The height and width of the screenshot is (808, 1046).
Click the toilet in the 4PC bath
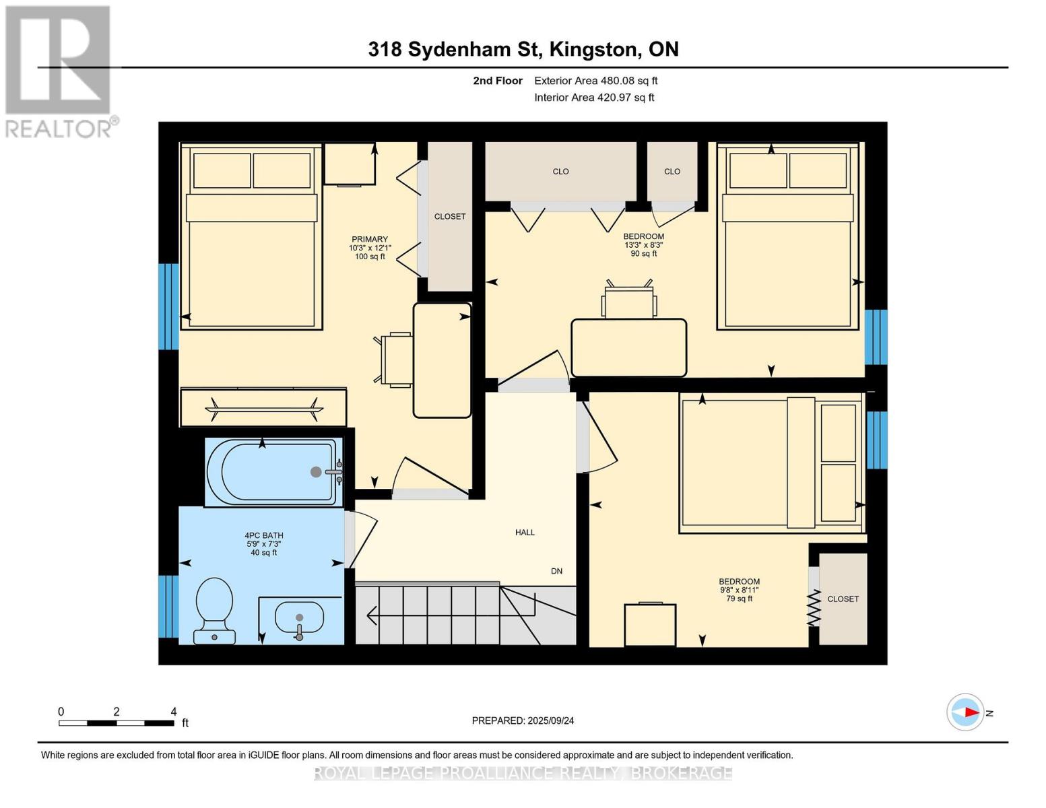click(214, 610)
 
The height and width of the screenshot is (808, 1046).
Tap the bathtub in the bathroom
click(273, 471)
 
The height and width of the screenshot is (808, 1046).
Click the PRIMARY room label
click(370, 239)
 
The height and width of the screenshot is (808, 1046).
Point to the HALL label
click(525, 533)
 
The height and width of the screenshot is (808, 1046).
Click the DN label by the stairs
click(556, 571)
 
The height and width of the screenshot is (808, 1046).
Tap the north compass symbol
click(966, 712)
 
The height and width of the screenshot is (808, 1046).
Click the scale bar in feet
click(116, 723)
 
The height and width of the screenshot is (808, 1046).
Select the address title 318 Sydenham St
click(523, 49)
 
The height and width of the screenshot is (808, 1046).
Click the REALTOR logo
click(59, 71)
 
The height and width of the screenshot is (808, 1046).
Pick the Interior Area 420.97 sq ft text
click(594, 98)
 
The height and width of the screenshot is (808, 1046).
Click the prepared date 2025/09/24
click(523, 720)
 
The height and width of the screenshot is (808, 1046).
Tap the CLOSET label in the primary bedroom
click(450, 217)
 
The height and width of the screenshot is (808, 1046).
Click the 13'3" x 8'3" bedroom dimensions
click(643, 245)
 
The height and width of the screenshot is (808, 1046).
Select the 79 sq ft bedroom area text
click(739, 599)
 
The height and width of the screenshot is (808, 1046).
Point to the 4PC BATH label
click(264, 536)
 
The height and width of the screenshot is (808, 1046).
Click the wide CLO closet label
click(560, 172)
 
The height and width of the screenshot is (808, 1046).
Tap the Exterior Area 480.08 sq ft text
click(595, 81)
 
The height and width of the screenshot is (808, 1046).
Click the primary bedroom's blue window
click(168, 306)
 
